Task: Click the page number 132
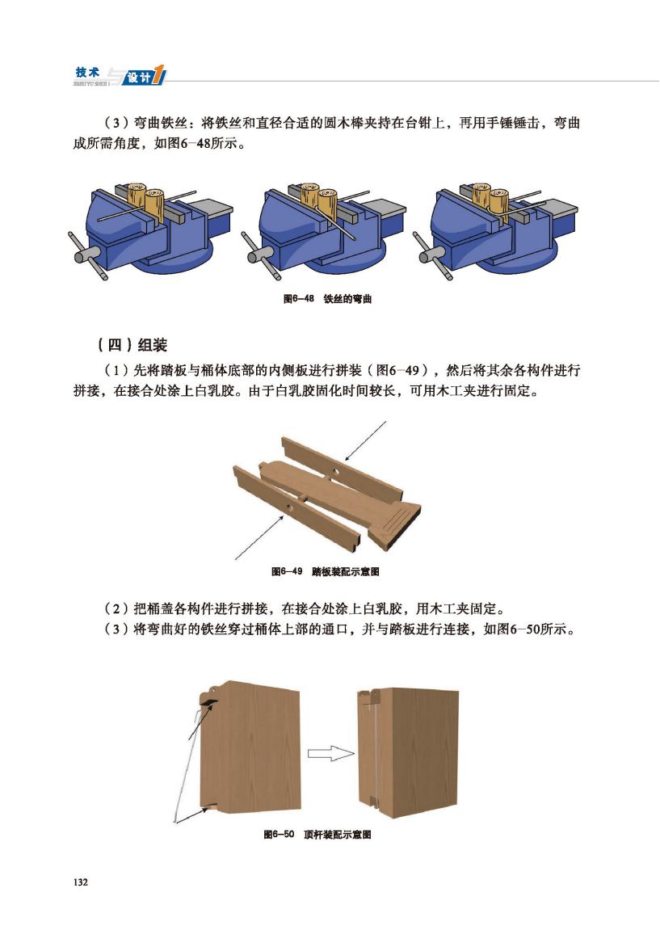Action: click(x=80, y=882)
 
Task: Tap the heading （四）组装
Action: click(x=132, y=345)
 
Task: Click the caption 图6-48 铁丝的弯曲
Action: click(x=328, y=299)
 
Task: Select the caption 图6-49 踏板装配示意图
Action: click(x=326, y=571)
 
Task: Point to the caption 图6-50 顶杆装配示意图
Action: click(x=317, y=835)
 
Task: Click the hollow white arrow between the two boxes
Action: click(x=330, y=753)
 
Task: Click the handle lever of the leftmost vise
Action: click(x=87, y=256)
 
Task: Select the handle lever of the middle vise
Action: click(x=260, y=256)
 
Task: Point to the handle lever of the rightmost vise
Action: click(x=432, y=256)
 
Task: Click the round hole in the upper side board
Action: click(x=334, y=473)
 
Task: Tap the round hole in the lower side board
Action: click(x=289, y=508)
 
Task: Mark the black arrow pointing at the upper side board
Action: click(x=365, y=440)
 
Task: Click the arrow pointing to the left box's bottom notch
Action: click(x=193, y=814)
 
